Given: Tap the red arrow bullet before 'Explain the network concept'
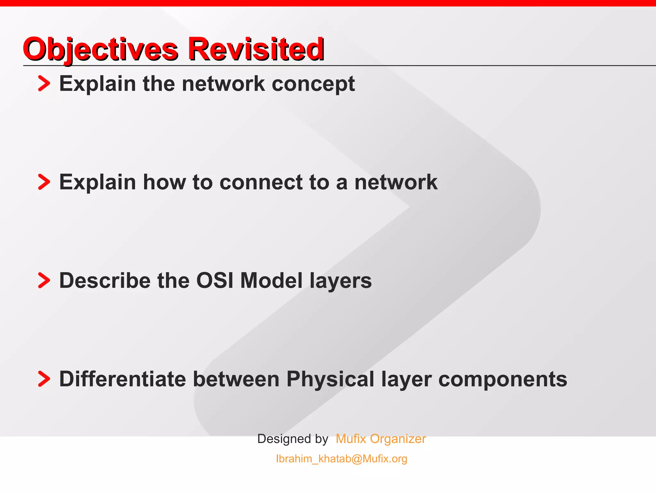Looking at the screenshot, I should click(44, 84).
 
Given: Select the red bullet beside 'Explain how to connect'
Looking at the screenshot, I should click(44, 182).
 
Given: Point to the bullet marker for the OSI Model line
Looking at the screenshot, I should click(44, 281).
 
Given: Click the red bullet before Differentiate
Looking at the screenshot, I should click(44, 379).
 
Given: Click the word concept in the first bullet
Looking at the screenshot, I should click(313, 84).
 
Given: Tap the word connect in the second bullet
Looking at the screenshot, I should click(260, 182).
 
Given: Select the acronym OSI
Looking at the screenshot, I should click(215, 281).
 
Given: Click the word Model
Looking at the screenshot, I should click(271, 281).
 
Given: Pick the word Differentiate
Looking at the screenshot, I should click(122, 379).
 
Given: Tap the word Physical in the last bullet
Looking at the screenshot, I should click(330, 379).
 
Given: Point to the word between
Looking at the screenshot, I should click(236, 379).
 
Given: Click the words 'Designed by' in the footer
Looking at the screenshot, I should click(292, 439).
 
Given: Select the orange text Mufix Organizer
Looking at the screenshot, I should click(381, 439).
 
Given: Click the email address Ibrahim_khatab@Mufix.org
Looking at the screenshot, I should click(341, 459).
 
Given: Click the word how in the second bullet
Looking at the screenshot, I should click(164, 182).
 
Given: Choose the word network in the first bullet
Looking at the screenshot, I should click(223, 84).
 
